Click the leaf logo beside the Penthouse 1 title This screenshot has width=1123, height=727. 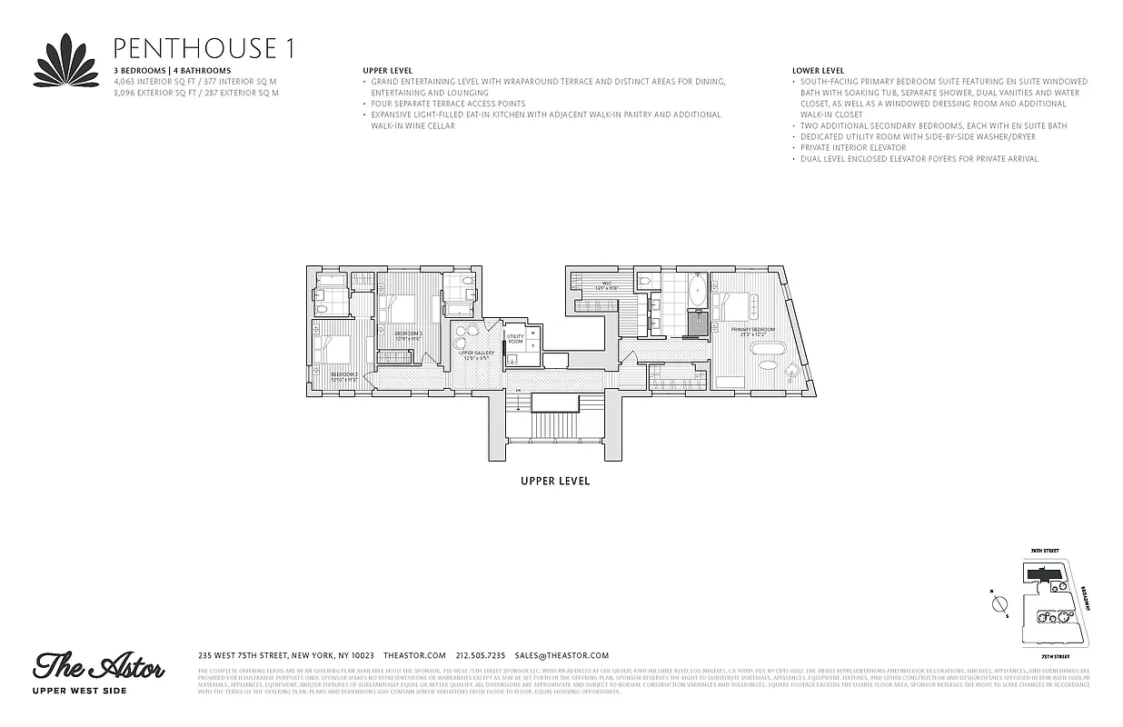point(66,59)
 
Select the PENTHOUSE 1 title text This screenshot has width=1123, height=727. point(202,48)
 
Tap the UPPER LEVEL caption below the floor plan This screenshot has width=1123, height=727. point(554,481)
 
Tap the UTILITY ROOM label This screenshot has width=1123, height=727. point(515,338)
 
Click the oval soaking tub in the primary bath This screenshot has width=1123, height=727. point(697,293)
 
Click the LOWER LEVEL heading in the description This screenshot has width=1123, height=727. point(818,70)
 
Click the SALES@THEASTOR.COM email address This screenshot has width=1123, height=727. point(561,655)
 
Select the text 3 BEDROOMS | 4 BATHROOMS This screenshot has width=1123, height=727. point(172,70)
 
